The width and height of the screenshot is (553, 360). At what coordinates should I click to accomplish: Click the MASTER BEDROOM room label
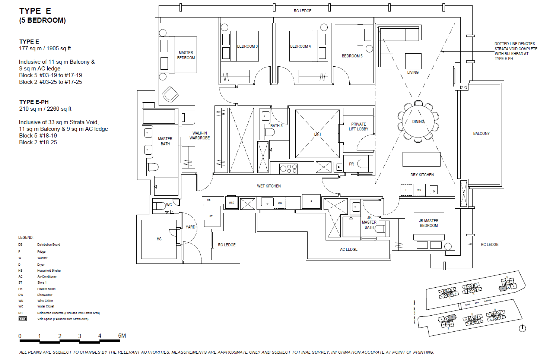[x=186, y=55]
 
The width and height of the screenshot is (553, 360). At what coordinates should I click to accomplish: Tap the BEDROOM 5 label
[x=352, y=56]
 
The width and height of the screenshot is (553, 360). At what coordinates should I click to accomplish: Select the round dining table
[x=418, y=121]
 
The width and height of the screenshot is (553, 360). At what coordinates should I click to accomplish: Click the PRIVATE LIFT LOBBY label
[x=358, y=127]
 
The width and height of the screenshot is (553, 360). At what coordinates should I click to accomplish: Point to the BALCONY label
[x=481, y=133]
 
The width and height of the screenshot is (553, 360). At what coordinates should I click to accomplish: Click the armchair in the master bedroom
[x=170, y=94]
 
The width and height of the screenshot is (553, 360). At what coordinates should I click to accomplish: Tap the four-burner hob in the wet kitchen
[x=289, y=169]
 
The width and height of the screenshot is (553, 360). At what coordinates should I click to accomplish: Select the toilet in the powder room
[x=363, y=164]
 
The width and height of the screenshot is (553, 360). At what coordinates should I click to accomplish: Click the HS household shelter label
[x=159, y=239]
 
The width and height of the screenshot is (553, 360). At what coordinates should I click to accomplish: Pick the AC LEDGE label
[x=349, y=249]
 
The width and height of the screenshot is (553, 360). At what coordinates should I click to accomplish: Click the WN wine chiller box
[x=419, y=190]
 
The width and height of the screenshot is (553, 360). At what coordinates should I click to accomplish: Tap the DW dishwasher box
[x=280, y=203]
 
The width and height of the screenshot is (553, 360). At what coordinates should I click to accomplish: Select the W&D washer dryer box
[x=232, y=203]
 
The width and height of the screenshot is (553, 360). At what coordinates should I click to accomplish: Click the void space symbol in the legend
[x=23, y=319]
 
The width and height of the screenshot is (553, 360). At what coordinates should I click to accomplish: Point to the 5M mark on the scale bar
[x=122, y=336]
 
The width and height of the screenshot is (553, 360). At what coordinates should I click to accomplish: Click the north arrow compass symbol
[x=522, y=328]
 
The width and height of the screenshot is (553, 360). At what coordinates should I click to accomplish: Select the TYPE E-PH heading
[x=34, y=102]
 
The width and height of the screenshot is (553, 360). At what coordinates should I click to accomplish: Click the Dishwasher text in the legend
[x=45, y=295]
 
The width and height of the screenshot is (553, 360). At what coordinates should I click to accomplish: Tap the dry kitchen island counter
[x=421, y=159]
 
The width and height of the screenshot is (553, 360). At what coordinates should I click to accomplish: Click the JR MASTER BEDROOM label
[x=429, y=223]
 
